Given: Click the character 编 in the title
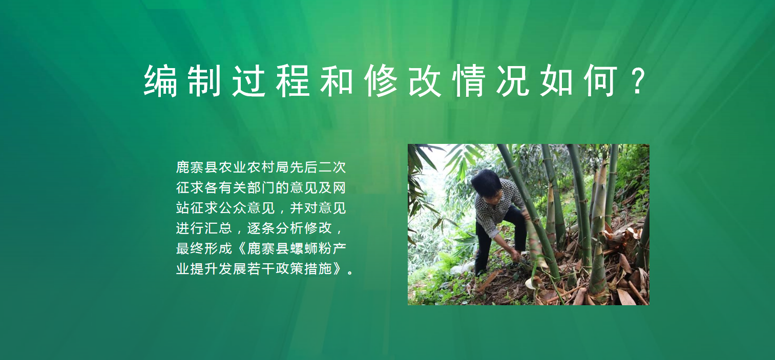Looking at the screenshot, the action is pyautogui.click(x=160, y=80).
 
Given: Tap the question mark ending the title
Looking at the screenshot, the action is pyautogui.click(x=638, y=80).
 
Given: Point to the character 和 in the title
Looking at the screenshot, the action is pyautogui.click(x=337, y=80).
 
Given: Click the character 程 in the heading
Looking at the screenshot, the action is pyautogui.click(x=292, y=80).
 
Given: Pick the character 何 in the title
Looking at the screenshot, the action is pyautogui.click(x=601, y=80).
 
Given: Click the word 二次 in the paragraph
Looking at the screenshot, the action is pyautogui.click(x=332, y=167).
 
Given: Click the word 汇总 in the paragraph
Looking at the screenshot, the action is pyautogui.click(x=219, y=228).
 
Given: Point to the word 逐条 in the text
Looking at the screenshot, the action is pyautogui.click(x=261, y=228).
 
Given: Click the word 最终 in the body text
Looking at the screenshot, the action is pyautogui.click(x=190, y=248).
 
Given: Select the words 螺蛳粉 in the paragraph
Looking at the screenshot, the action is pyautogui.click(x=311, y=248).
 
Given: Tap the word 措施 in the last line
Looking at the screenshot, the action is pyautogui.click(x=318, y=268).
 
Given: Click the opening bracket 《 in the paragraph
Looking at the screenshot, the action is pyautogui.click(x=241, y=248).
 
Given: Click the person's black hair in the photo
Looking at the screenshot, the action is pyautogui.click(x=486, y=182).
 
